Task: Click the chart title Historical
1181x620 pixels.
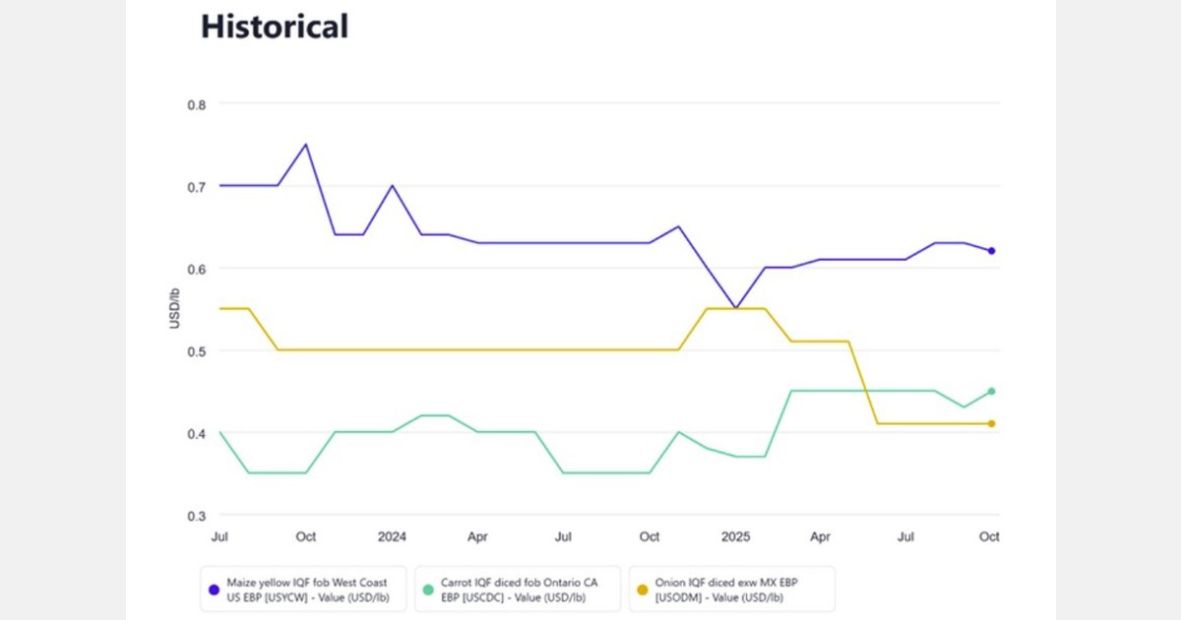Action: (275, 27)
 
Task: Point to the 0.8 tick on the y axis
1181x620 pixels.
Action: (198, 103)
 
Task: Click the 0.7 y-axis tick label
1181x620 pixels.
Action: (198, 186)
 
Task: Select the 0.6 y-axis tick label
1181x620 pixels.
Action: (198, 269)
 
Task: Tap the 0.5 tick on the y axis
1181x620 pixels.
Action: (198, 351)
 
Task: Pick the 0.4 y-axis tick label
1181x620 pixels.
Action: (198, 433)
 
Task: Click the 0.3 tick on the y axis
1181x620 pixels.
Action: (198, 516)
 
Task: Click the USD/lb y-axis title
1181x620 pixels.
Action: (174, 309)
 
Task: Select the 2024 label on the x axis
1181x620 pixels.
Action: (392, 537)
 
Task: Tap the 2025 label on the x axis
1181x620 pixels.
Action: (735, 537)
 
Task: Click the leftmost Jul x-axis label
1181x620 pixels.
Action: (219, 537)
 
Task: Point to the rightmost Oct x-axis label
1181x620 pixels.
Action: (989, 537)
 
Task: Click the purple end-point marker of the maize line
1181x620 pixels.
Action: (991, 251)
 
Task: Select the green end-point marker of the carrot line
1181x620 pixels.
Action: (991, 391)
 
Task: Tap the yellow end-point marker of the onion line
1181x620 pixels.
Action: (991, 423)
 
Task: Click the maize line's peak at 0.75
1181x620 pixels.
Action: (305, 145)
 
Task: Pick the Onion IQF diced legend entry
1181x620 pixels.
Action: (732, 589)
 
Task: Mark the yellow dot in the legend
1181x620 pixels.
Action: (643, 589)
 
